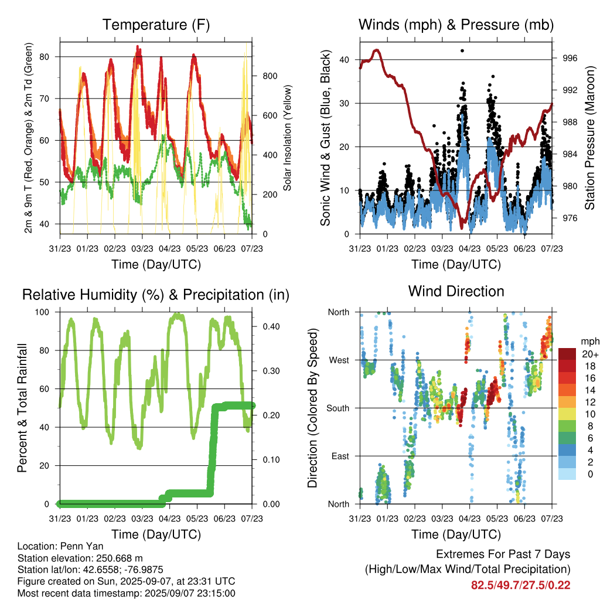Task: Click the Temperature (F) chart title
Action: (x=156, y=25)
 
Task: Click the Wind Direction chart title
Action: (x=456, y=291)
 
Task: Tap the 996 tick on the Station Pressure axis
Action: (x=570, y=58)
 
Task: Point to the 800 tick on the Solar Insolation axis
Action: (x=270, y=76)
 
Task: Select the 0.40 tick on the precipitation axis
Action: (x=271, y=326)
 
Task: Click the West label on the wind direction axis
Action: (x=339, y=360)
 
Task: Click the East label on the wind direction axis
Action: (x=340, y=456)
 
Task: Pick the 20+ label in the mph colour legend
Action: (x=590, y=354)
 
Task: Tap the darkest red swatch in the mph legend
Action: (x=567, y=354)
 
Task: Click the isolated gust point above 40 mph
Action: (x=462, y=50)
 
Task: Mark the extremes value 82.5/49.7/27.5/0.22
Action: (x=520, y=585)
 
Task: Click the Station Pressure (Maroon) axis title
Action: (x=589, y=138)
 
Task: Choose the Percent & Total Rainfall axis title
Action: (x=22, y=408)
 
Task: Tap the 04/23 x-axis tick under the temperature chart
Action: (x=169, y=248)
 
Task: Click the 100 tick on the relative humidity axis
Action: (x=42, y=312)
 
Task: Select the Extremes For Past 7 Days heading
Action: (x=503, y=554)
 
